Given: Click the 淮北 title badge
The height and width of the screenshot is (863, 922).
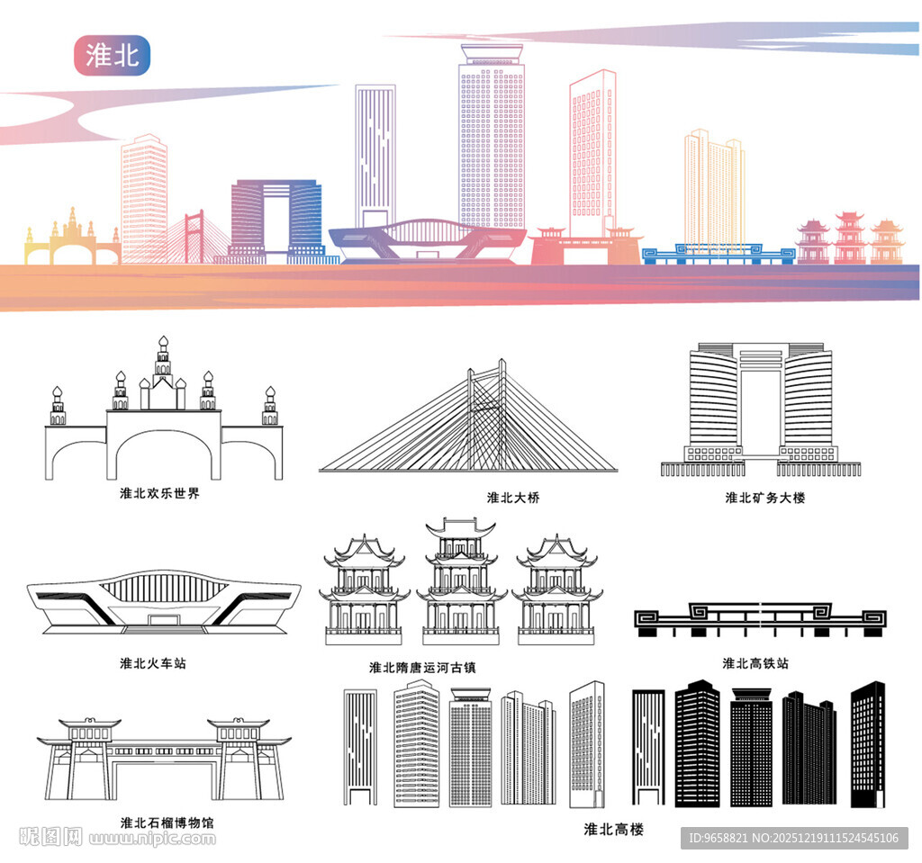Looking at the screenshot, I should point(112,55).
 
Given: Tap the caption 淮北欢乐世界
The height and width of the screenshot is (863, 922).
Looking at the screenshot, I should point(159,494).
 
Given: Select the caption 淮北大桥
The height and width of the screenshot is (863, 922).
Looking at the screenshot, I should point(513,498).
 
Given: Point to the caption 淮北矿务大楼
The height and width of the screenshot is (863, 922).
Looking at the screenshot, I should point(764,498).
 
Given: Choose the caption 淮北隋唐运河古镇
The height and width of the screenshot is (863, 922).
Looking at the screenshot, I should point(422,668).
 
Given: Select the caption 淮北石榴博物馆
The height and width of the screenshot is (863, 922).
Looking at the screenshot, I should point(167,823).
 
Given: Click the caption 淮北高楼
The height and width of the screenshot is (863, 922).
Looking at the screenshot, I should point(613,829).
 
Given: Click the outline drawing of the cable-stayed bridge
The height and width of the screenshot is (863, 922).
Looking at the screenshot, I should point(468,423).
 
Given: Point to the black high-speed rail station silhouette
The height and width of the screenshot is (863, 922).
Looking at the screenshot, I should point(761,618).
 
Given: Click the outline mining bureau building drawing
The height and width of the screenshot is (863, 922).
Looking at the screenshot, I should point(761,409).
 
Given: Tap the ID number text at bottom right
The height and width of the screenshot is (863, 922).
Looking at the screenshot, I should point(792,838).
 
